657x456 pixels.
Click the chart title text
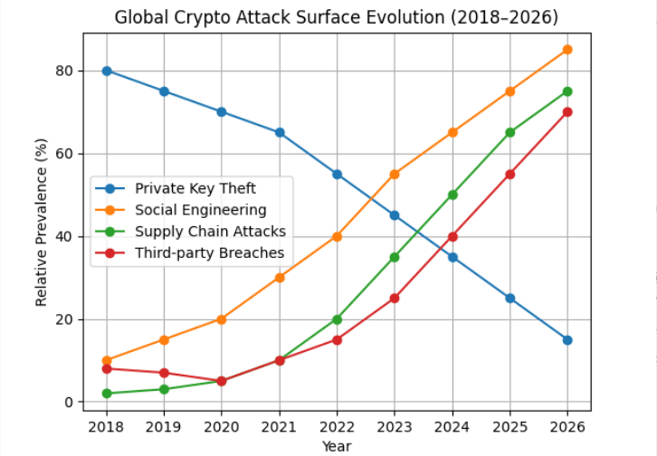click(x=336, y=17)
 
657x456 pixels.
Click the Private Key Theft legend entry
click(x=195, y=188)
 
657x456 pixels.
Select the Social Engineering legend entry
click(x=201, y=210)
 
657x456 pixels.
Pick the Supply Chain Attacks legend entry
click(x=210, y=232)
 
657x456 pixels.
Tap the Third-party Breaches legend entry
click(x=210, y=253)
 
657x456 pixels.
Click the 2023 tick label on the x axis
click(x=395, y=426)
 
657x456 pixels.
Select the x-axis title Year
click(x=336, y=446)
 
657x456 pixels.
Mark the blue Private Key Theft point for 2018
click(x=107, y=71)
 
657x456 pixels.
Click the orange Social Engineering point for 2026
click(x=567, y=50)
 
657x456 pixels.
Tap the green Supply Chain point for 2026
click(x=567, y=91)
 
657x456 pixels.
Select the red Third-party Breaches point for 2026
click(x=567, y=112)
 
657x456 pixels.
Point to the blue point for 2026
click(x=567, y=340)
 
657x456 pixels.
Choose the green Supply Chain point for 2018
click(x=107, y=394)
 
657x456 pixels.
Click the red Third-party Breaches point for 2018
click(x=107, y=368)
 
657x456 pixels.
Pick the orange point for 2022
click(x=337, y=236)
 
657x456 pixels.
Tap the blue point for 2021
click(x=280, y=132)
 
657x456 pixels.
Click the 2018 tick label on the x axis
click(x=107, y=426)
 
